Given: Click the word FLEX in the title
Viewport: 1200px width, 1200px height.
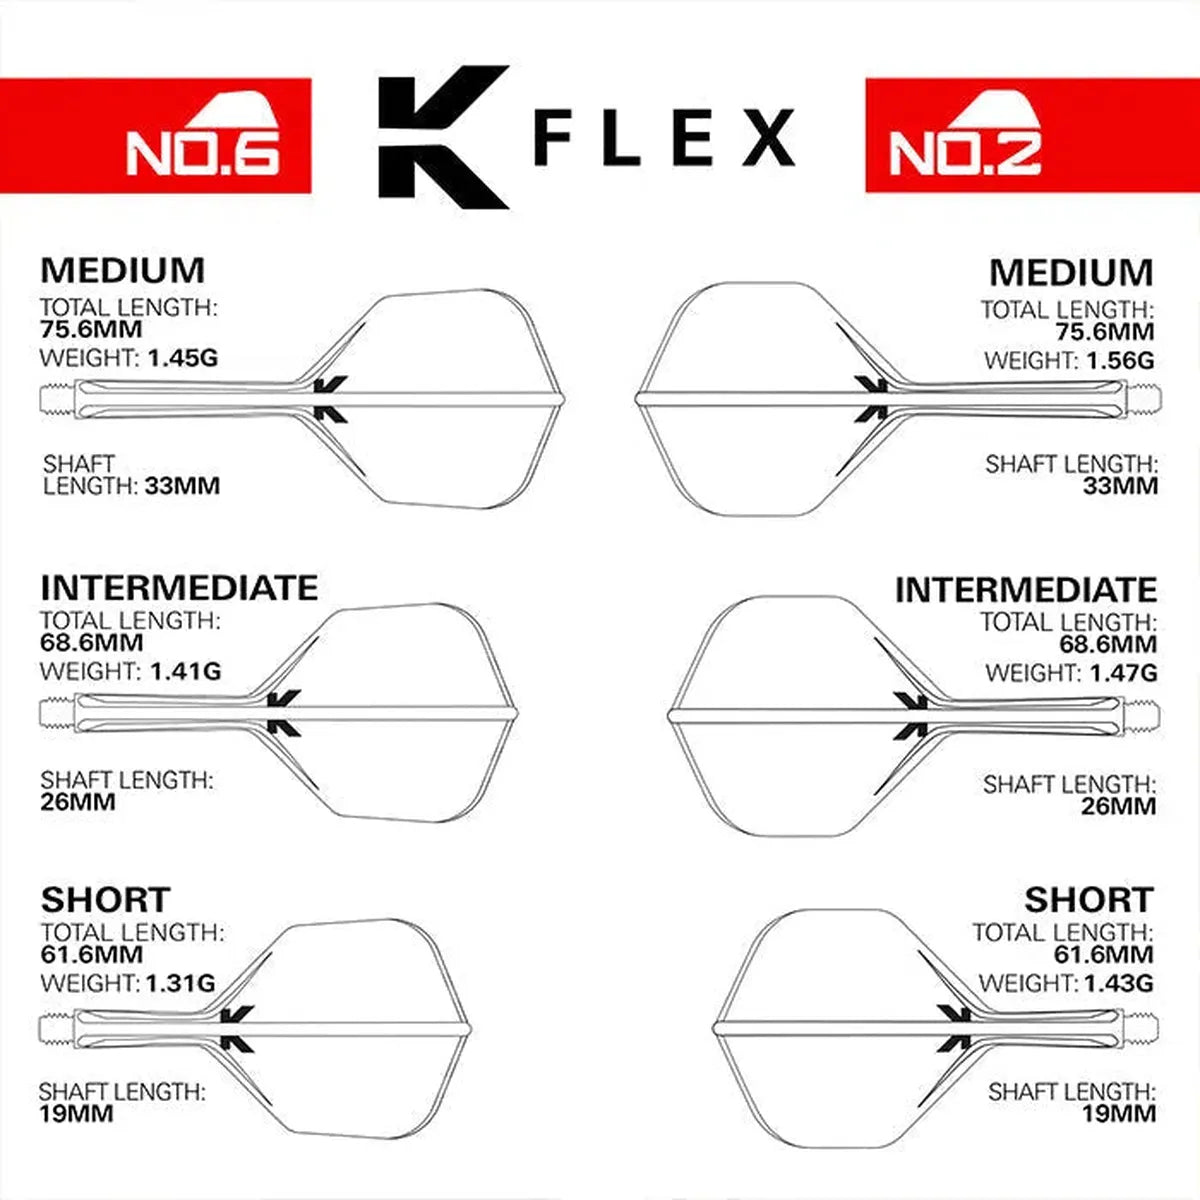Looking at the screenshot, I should [664, 138].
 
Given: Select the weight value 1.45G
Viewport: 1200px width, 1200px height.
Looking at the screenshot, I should [182, 357].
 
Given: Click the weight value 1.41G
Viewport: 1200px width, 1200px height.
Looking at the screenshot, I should [185, 671].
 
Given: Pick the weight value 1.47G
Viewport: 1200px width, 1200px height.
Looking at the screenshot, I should [1119, 673].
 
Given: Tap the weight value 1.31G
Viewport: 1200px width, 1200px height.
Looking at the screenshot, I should [180, 983].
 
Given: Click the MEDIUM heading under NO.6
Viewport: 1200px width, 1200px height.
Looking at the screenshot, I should [122, 270].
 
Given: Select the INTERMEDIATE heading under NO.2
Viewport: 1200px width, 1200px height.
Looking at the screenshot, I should [1025, 590].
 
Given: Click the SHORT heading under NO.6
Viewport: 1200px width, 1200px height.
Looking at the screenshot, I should [105, 899].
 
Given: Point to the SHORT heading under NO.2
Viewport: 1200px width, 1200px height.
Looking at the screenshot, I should [1088, 899].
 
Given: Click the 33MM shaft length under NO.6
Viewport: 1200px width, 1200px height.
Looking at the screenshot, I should [182, 486].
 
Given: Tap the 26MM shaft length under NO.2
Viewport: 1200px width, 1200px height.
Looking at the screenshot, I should [1118, 807].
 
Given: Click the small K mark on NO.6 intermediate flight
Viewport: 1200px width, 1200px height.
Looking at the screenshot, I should [283, 713].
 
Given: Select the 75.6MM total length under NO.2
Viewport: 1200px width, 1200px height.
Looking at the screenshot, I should [1104, 333].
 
